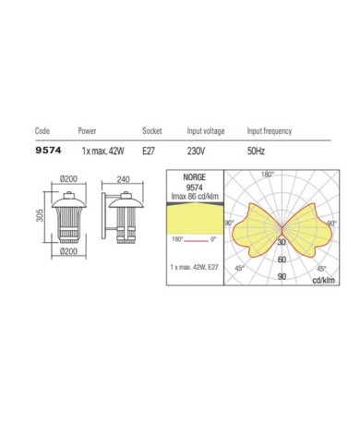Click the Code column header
[42, 131]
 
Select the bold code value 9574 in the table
[48, 151]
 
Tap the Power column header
[87, 131]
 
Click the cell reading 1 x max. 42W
[102, 151]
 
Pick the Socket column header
[152, 131]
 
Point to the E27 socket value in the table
[149, 151]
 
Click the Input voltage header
[206, 131]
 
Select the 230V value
[196, 151]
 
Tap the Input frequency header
[270, 131]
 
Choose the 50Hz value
[256, 151]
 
